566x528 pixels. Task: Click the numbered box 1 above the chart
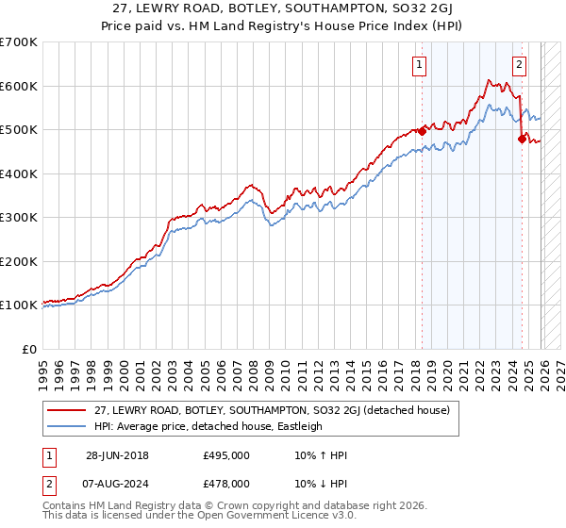point(418,65)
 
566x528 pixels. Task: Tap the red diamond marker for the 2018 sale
point(422,132)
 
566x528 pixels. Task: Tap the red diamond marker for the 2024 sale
point(522,140)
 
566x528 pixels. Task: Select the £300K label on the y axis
point(19,218)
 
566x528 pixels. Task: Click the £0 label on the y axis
point(28,349)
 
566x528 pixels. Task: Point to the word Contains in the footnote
point(64,506)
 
